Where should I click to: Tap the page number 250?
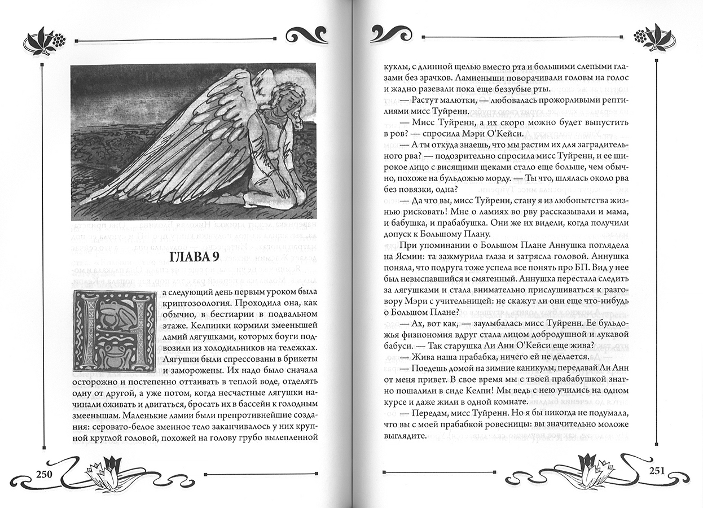(x=43, y=473)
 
